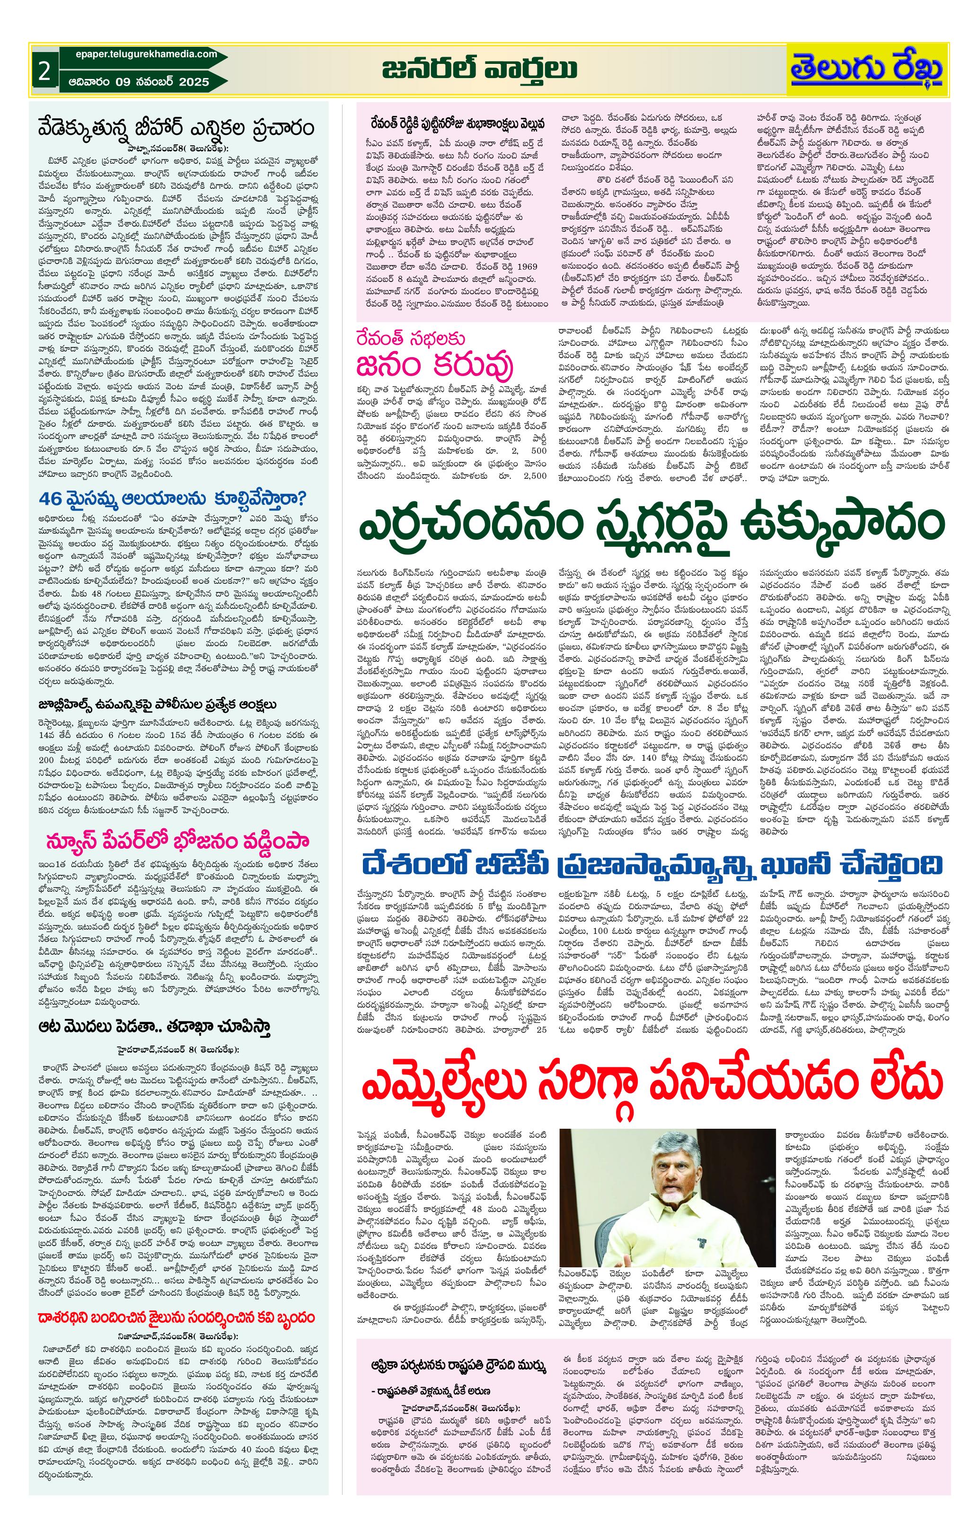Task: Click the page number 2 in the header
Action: (44, 71)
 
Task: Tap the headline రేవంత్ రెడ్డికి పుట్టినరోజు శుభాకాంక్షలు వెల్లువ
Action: (456, 123)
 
